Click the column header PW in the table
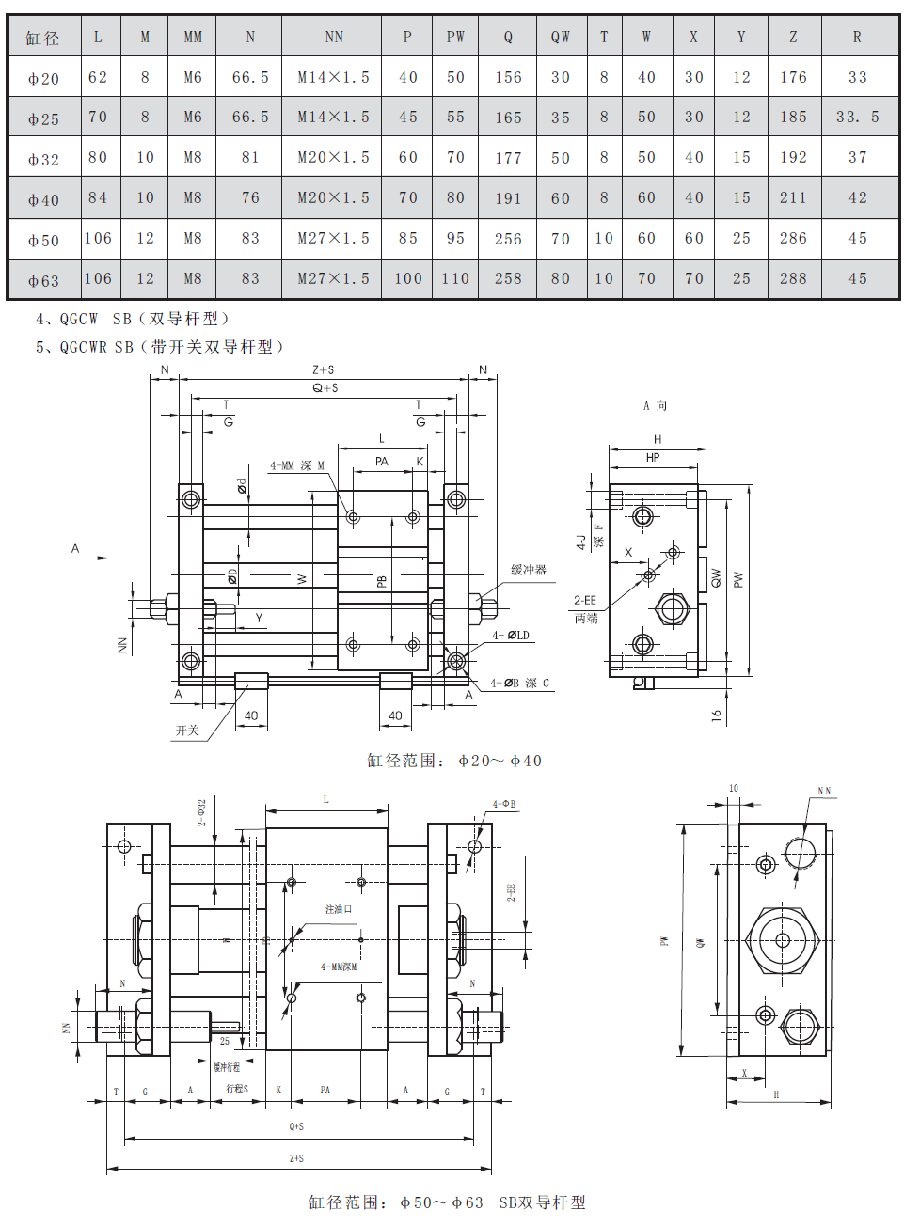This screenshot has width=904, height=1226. (455, 38)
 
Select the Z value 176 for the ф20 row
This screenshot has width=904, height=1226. (793, 78)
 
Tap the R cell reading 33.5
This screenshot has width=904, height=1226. (857, 118)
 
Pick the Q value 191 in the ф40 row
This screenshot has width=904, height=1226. (508, 198)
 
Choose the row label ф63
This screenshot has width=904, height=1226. (43, 280)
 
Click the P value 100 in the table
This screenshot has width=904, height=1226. (407, 279)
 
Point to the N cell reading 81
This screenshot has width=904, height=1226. (250, 158)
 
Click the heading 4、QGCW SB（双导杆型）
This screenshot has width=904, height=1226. (132, 319)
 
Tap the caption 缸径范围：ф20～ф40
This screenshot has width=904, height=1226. (453, 761)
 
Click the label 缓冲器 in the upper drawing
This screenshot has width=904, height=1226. (528, 570)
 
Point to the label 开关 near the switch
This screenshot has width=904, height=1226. (187, 731)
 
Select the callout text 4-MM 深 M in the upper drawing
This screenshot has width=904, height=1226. (296, 465)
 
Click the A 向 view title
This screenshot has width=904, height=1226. (655, 406)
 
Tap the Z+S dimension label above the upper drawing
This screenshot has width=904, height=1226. (323, 370)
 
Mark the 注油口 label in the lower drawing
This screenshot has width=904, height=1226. (338, 909)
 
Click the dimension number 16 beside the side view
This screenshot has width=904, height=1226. (716, 715)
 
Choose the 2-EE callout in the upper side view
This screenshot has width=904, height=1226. (585, 600)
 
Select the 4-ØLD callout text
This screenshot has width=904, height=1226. (511, 636)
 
